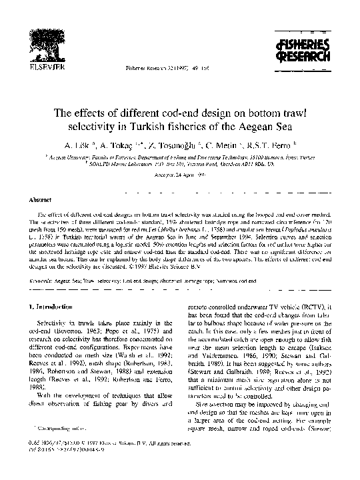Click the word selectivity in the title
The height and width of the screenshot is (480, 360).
click(x=122, y=125)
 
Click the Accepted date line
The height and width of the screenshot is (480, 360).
click(x=179, y=175)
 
